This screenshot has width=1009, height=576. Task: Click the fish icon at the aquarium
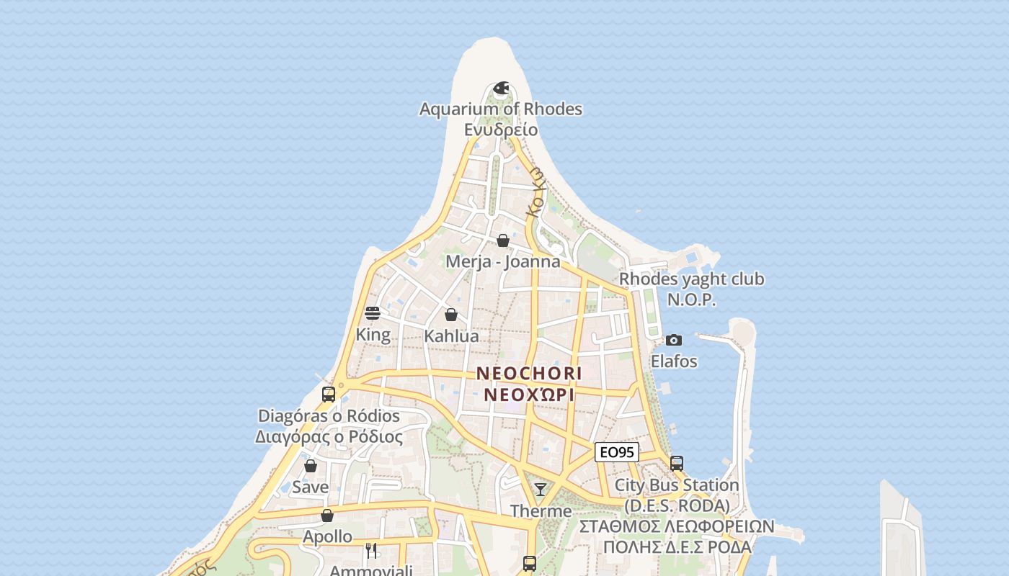click(x=502, y=88)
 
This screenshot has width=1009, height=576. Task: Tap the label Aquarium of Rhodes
click(x=501, y=109)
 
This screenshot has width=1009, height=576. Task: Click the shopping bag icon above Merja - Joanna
click(x=503, y=240)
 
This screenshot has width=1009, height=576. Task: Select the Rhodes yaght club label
click(x=692, y=279)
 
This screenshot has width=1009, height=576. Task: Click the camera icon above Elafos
click(x=674, y=340)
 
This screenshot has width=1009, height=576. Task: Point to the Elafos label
click(x=674, y=361)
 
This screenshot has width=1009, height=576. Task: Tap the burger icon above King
click(x=373, y=313)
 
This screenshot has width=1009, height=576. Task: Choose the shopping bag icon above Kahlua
click(x=451, y=315)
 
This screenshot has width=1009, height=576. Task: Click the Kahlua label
click(x=451, y=336)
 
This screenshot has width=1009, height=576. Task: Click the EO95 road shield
click(x=617, y=452)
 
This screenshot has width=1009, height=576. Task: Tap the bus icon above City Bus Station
click(x=677, y=464)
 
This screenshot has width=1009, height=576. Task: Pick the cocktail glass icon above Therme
click(x=541, y=490)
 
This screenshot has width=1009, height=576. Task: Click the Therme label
click(x=541, y=511)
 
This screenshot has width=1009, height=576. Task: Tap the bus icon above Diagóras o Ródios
click(x=329, y=395)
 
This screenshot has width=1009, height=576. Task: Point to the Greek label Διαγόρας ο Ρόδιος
click(x=329, y=436)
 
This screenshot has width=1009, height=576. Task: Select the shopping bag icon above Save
click(x=311, y=466)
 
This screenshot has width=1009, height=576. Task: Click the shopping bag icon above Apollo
click(x=327, y=516)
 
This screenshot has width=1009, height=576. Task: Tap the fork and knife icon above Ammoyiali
click(x=372, y=551)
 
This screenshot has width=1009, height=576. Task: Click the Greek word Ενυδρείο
click(x=501, y=130)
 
